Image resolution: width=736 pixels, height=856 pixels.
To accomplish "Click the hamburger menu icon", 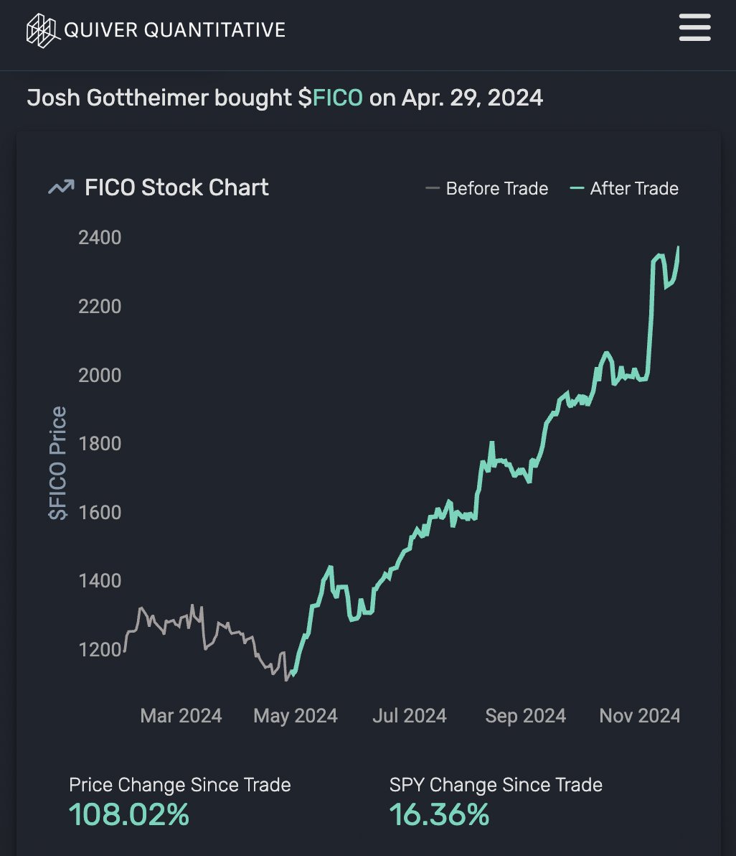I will (694, 29).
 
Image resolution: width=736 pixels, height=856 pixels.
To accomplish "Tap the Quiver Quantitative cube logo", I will (42, 30).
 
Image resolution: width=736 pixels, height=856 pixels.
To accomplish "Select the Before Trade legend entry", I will (487, 189).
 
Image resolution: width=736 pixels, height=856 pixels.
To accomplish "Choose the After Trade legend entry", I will (625, 189).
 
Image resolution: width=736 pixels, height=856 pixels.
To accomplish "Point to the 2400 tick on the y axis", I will (100, 237).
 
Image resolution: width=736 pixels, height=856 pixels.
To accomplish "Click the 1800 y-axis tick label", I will (100, 443).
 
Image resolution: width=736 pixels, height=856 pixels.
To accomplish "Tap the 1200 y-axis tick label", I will (100, 649).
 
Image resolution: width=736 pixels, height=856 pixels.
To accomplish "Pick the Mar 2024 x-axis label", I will (181, 716).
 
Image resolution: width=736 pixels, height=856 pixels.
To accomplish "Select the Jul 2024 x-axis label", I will (410, 716).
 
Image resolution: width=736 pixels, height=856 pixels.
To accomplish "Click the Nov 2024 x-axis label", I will (640, 716).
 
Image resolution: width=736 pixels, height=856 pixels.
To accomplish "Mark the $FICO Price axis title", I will (57, 463).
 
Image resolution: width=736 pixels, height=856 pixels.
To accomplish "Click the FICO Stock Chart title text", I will (176, 187).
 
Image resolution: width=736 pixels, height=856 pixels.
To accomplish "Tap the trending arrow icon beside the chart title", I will (60, 187).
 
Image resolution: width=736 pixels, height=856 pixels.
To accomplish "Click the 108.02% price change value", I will (129, 814).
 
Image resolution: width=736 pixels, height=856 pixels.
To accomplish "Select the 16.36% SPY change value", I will (439, 814).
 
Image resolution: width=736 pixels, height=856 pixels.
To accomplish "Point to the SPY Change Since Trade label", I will (496, 785).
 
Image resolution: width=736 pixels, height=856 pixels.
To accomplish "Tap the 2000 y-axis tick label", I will (100, 375).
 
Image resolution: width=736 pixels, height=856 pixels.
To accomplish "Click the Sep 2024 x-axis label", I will (525, 716).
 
